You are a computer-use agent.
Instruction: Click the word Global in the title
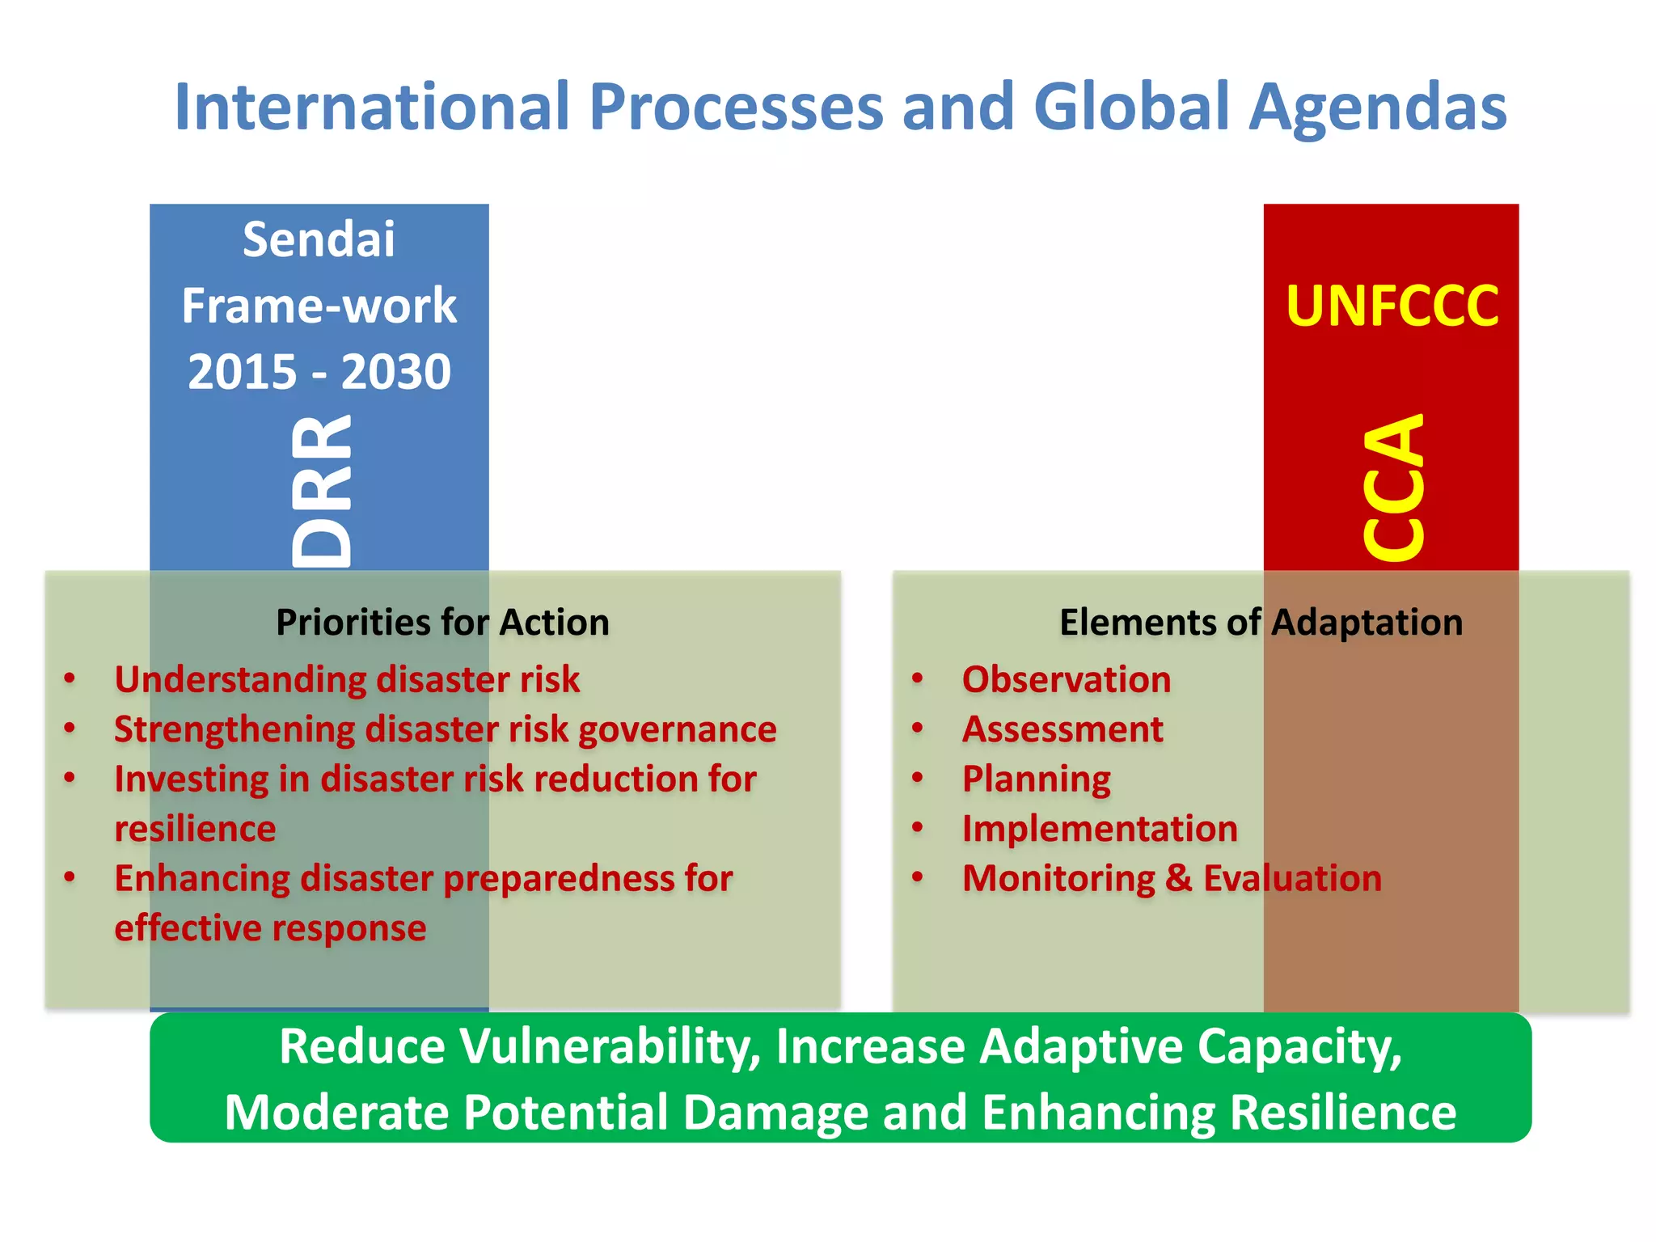click(1131, 107)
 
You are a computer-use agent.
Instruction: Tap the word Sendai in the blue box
click(319, 239)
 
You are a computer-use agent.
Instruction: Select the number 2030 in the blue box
click(395, 372)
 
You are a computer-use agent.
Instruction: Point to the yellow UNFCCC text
click(1392, 306)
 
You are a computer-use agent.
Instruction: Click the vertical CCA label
click(1392, 487)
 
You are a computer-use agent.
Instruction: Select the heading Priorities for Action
click(442, 623)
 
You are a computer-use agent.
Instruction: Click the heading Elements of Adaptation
click(1261, 623)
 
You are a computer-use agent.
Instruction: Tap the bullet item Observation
click(1066, 679)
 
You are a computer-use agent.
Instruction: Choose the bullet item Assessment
click(1062, 729)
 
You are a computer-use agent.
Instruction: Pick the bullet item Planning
click(1036, 779)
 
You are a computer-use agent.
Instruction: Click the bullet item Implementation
click(1099, 829)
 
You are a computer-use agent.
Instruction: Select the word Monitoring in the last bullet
click(1058, 879)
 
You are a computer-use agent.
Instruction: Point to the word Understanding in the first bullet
click(240, 679)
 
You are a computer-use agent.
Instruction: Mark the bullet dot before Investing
click(70, 778)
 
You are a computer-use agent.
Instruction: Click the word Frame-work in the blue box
click(319, 306)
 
